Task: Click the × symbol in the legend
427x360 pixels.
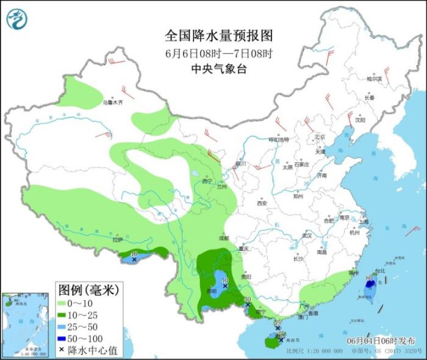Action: click(63, 351)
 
